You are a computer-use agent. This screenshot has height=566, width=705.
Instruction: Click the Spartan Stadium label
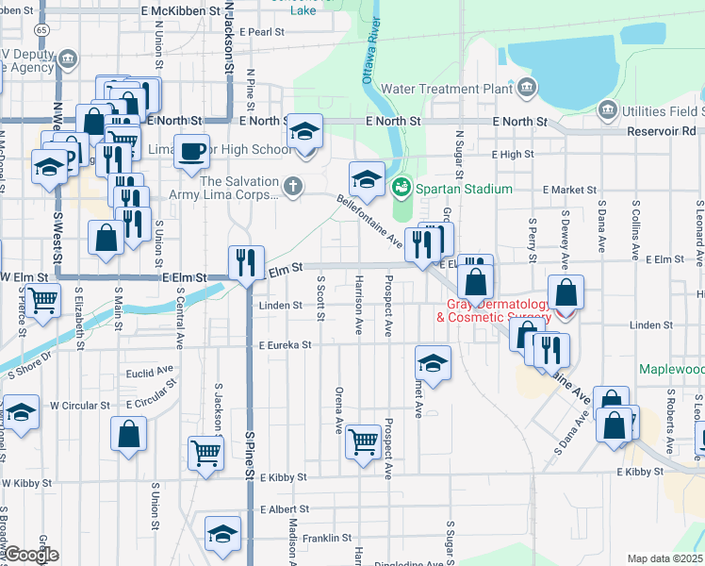coord(462,189)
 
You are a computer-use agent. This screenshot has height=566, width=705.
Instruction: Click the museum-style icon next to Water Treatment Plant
coord(526,90)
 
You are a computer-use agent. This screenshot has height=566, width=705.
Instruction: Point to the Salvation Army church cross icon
coord(294,186)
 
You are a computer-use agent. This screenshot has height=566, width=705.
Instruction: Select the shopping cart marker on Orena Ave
coord(362,441)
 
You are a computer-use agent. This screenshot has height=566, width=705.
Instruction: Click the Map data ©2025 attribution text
coord(664,558)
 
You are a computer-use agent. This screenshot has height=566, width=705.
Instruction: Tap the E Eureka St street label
coord(285,346)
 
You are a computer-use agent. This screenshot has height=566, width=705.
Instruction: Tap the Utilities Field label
coord(664,111)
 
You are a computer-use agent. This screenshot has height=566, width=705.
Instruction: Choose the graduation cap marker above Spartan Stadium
coord(367,177)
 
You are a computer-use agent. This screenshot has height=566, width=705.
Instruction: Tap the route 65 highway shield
coord(41,30)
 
